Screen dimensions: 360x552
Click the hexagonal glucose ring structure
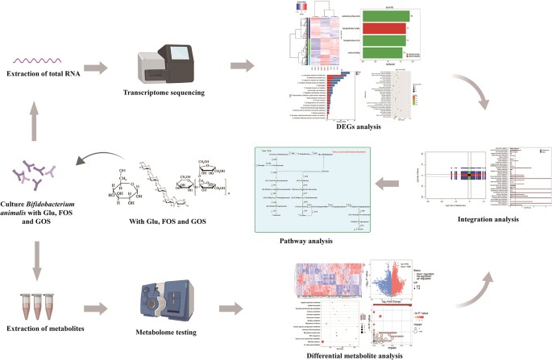pos(128,190)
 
